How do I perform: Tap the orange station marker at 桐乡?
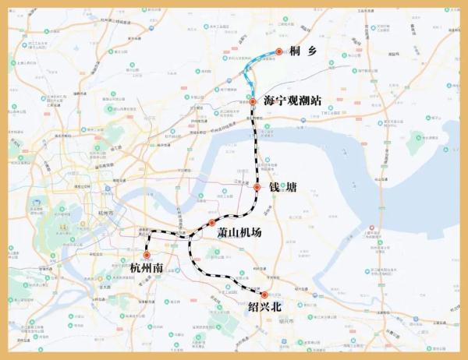pos(278,52)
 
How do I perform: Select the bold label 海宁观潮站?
pos(292,101)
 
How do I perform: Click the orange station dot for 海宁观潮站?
pos(253,102)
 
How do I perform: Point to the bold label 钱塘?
pos(284,188)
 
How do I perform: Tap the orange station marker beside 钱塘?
pos(257,187)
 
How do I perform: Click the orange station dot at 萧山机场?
pos(211,223)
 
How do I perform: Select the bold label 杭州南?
pos(147,269)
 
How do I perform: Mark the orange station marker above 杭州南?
pos(146,254)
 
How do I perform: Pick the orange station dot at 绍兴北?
pos(264,295)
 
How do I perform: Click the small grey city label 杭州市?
pos(106,212)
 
